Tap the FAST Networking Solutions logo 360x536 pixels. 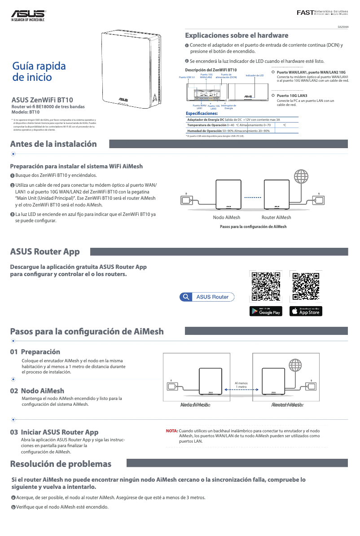coord(322,12)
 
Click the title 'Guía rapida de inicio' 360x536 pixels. coord(40,71)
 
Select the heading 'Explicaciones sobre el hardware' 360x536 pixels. coord(237,35)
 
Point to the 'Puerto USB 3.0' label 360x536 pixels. coord(187,77)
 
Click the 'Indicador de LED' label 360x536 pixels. coord(255,75)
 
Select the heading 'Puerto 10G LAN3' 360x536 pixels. coord(292,96)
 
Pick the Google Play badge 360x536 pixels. coord(266,311)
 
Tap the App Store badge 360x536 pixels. coord(306,311)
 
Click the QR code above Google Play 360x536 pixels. coord(266,286)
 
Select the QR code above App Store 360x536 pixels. coord(306,286)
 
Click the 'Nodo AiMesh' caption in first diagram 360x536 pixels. coord(226,217)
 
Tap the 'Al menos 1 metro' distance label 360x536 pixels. coord(241,385)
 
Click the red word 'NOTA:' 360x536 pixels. coord(172,431)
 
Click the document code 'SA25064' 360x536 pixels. coord(343,27)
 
